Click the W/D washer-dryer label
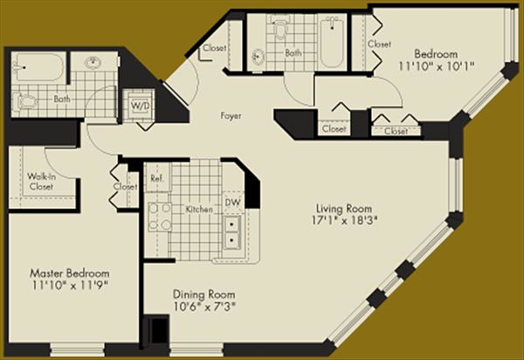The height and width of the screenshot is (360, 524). [x=141, y=106]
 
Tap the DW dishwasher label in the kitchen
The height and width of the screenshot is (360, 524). [x=232, y=203]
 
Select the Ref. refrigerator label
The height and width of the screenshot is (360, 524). [x=157, y=178]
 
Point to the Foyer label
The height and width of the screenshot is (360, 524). [x=231, y=116]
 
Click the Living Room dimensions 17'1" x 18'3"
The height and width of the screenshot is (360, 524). [x=344, y=220]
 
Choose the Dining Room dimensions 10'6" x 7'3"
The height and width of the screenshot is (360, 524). [x=204, y=307]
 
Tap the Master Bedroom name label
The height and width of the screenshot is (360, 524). [x=70, y=273]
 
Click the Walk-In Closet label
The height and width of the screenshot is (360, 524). [x=41, y=181]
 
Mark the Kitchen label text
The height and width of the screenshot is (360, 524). [x=199, y=209]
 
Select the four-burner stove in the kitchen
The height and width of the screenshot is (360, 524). [x=160, y=217]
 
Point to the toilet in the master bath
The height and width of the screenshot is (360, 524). [x=25, y=101]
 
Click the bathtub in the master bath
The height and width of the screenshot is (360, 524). [x=38, y=67]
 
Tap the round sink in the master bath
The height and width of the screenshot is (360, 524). [x=93, y=63]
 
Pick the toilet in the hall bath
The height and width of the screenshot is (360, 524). [x=280, y=29]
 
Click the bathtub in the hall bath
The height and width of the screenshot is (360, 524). [x=332, y=43]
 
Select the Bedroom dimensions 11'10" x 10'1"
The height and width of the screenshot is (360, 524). [x=436, y=66]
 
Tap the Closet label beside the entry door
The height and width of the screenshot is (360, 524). [x=215, y=48]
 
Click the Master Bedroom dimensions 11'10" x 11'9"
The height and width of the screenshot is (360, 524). [x=70, y=286]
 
